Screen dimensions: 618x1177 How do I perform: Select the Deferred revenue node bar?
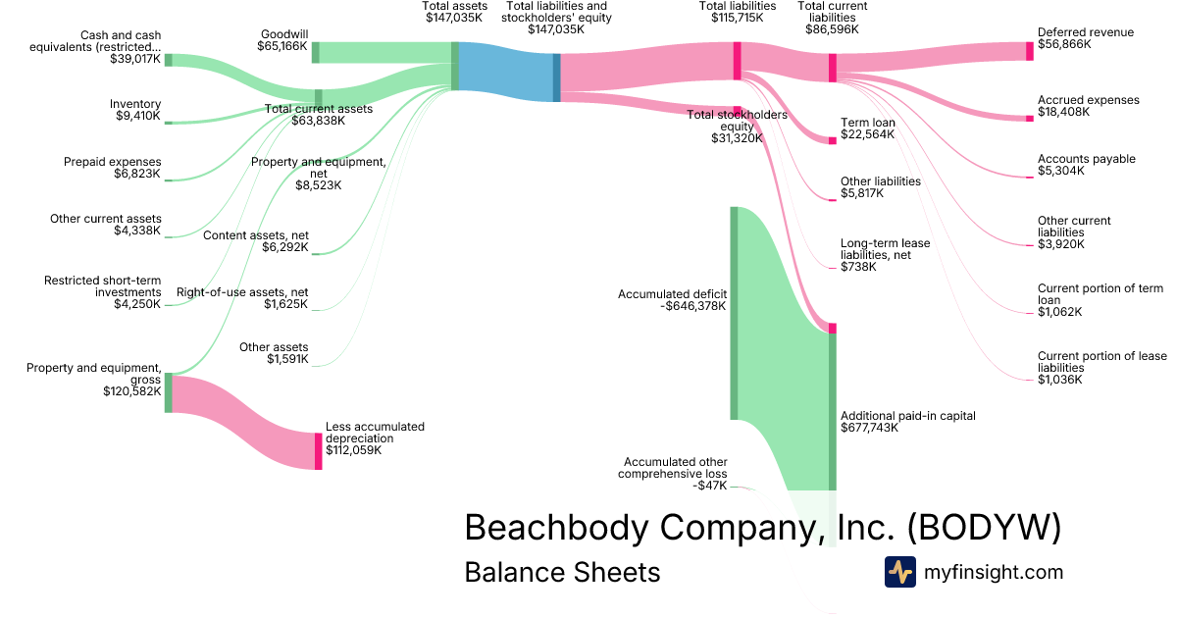point(1029,52)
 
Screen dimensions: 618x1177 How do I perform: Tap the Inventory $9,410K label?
point(137,110)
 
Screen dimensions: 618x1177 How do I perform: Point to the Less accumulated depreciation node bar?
point(318,451)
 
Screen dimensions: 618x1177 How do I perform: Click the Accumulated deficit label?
point(672,299)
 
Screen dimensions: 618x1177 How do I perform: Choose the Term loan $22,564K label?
point(867,129)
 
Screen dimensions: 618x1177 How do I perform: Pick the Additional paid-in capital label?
point(908,422)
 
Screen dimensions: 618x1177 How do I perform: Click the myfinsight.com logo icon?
point(899,572)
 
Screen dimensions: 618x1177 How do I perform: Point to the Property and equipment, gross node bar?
point(168,392)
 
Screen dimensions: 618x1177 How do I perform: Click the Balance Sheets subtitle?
point(562,572)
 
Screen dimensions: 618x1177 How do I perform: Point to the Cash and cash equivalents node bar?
point(168,60)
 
